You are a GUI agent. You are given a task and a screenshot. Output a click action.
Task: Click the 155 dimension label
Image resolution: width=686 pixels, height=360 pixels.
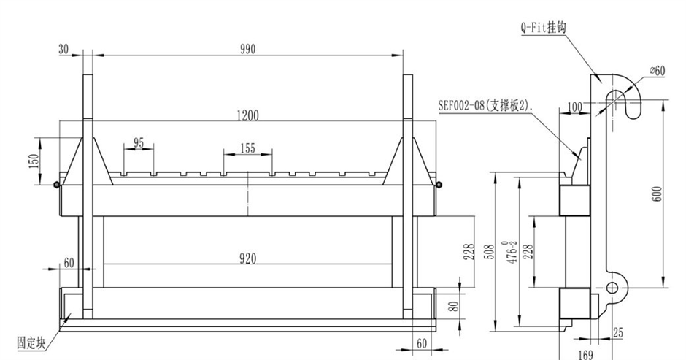click(247, 148)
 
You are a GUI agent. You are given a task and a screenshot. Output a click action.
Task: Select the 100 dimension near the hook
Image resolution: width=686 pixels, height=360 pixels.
click(574, 107)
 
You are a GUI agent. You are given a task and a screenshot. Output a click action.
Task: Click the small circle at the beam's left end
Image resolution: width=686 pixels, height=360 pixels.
click(57, 184)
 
